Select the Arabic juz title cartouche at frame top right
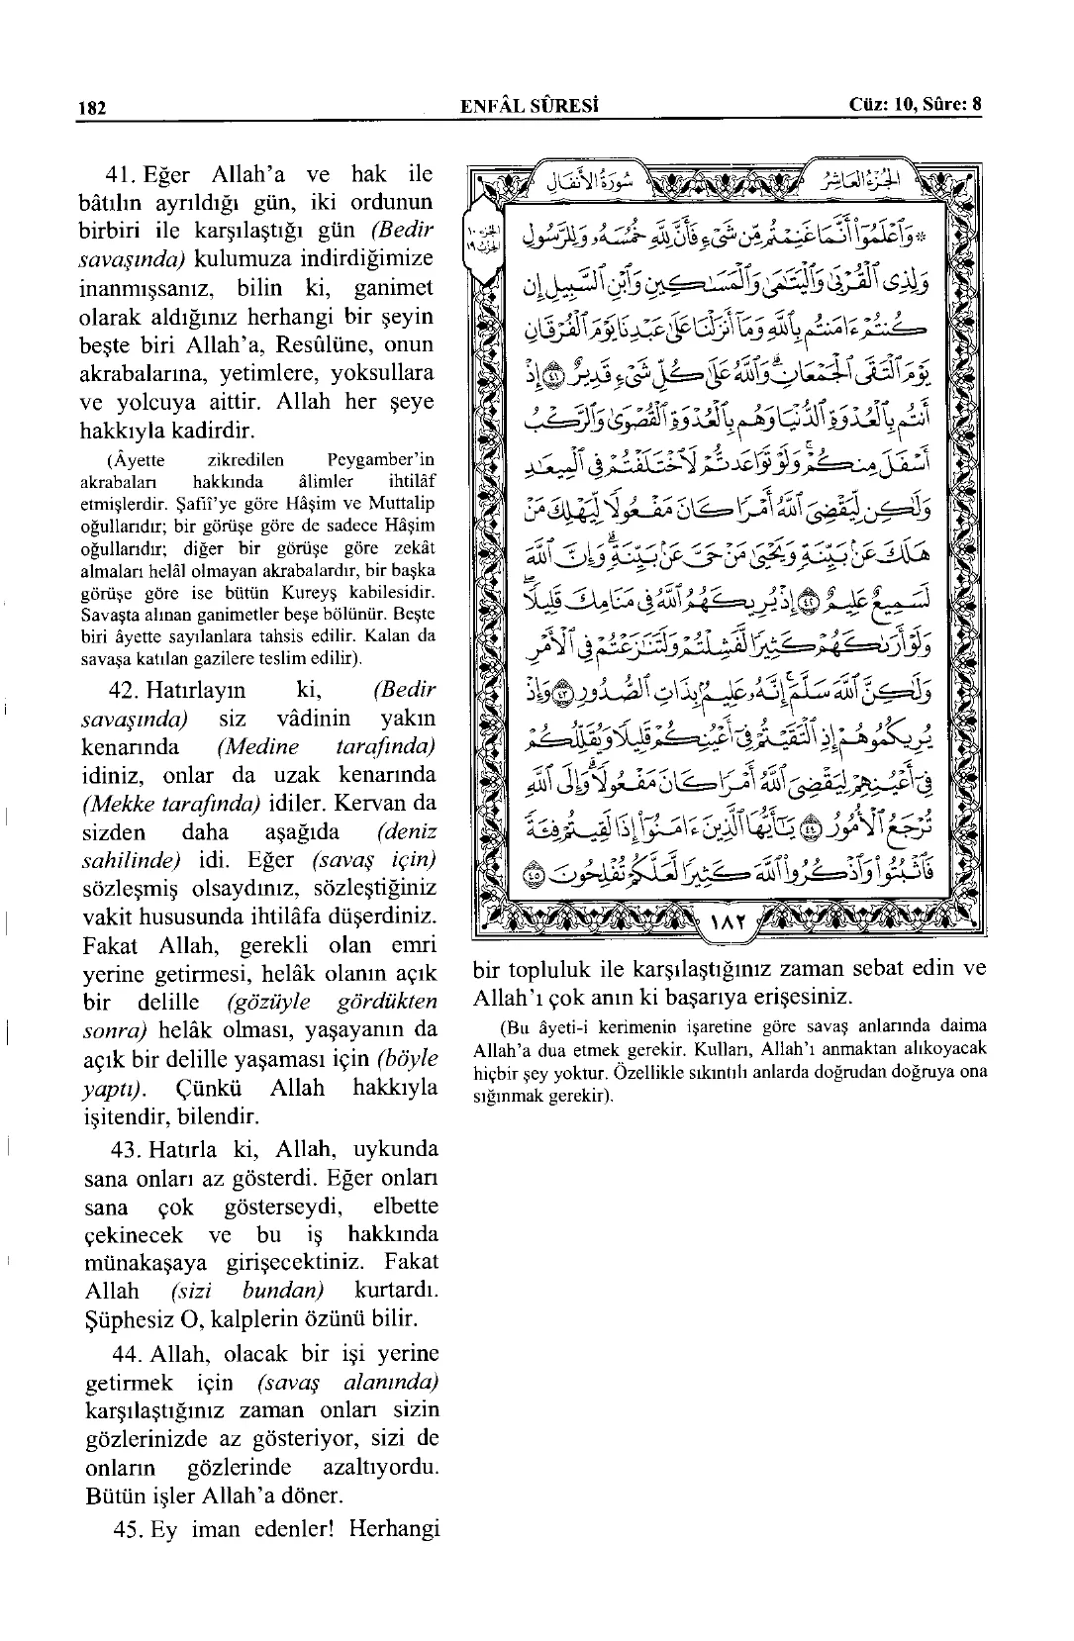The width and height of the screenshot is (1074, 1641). point(861,180)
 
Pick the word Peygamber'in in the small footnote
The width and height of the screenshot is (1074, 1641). point(379,460)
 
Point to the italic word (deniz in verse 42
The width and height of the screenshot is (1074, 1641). point(407,832)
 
